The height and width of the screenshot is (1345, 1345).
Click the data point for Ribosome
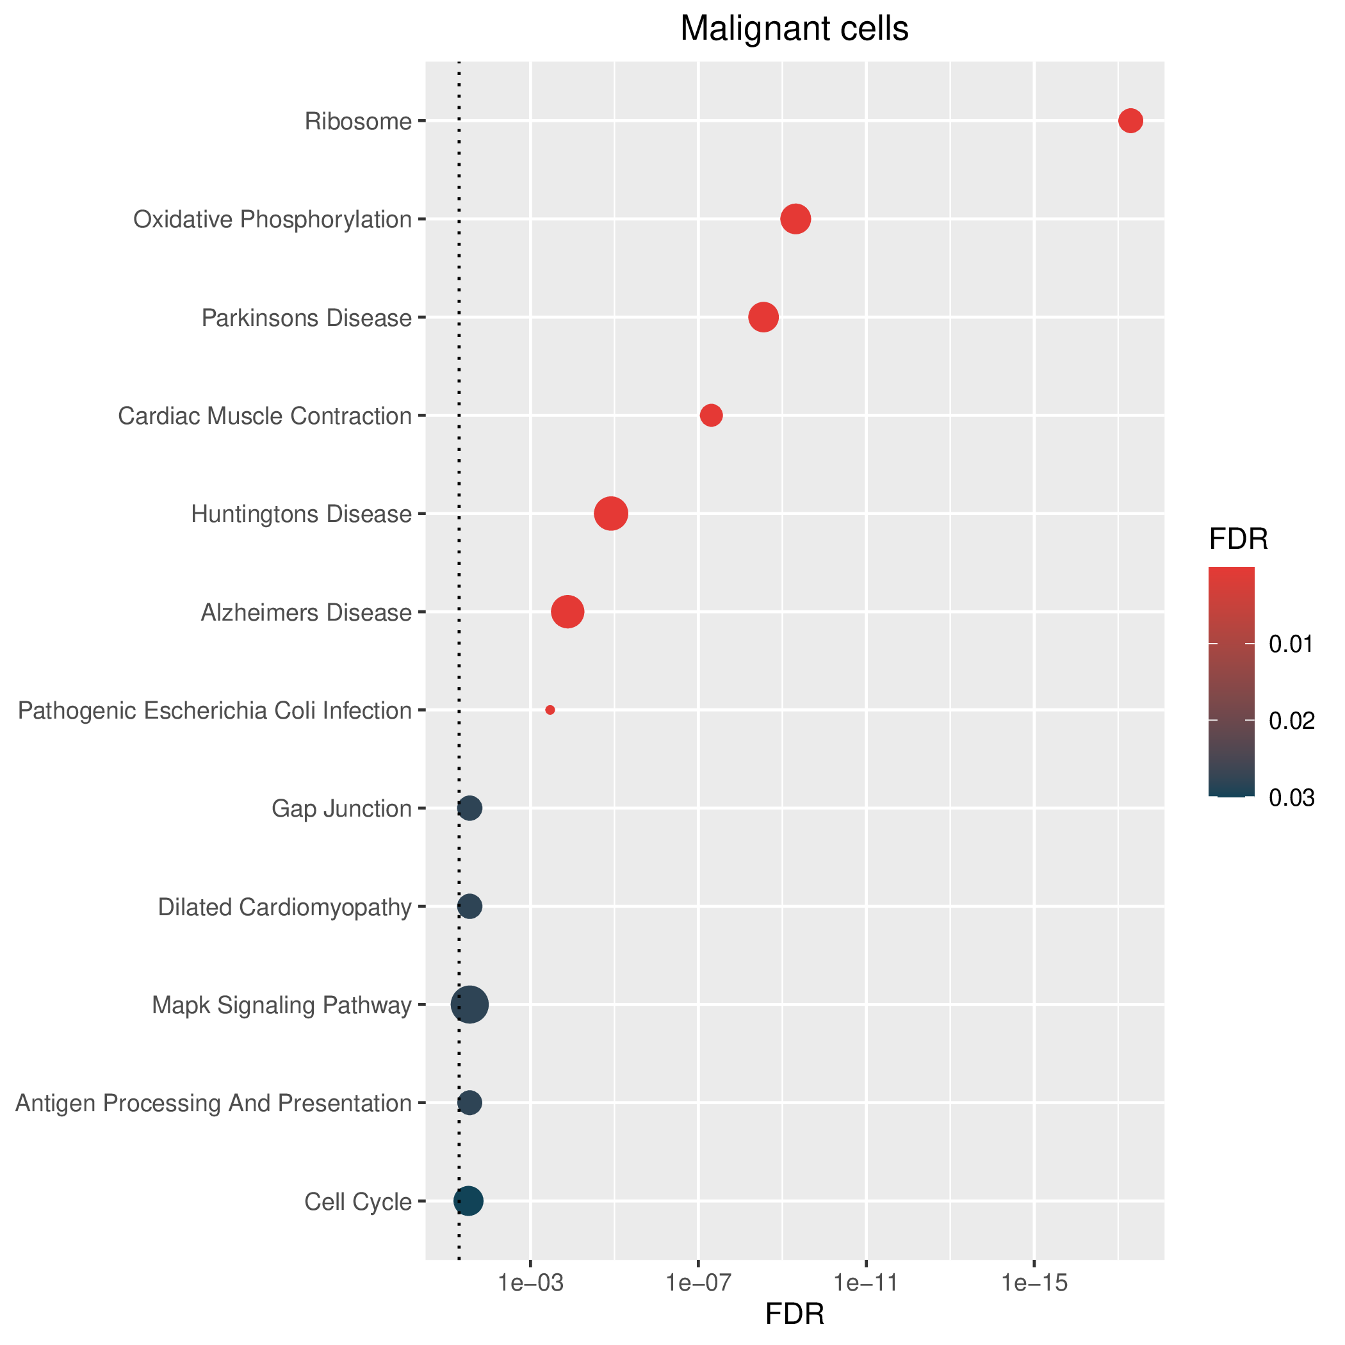tap(1130, 121)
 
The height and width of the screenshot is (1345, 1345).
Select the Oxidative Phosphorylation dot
tap(795, 219)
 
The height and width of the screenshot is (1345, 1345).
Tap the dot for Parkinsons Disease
tap(763, 318)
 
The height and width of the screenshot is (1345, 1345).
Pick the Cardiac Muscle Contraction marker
tap(711, 416)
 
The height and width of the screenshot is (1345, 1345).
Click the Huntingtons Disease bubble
tap(611, 514)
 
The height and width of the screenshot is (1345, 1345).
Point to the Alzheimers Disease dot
tap(567, 612)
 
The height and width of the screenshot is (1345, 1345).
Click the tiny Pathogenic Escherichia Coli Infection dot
tap(550, 710)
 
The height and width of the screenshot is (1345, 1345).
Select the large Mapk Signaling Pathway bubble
tap(470, 1004)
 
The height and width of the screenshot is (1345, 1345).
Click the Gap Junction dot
tap(470, 808)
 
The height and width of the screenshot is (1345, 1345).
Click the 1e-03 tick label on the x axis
tap(530, 1284)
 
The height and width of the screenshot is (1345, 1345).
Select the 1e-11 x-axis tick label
tap(866, 1284)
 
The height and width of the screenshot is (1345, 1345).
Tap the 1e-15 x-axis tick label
tap(1034, 1284)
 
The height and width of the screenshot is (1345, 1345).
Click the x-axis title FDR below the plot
tap(795, 1314)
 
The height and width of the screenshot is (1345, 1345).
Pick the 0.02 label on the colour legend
tap(1292, 721)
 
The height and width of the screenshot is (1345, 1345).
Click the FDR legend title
tap(1239, 539)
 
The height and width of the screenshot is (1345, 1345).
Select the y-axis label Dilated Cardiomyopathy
tap(285, 908)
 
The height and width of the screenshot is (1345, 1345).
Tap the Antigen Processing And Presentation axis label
tap(214, 1104)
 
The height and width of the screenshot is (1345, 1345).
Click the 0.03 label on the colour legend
tap(1292, 798)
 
